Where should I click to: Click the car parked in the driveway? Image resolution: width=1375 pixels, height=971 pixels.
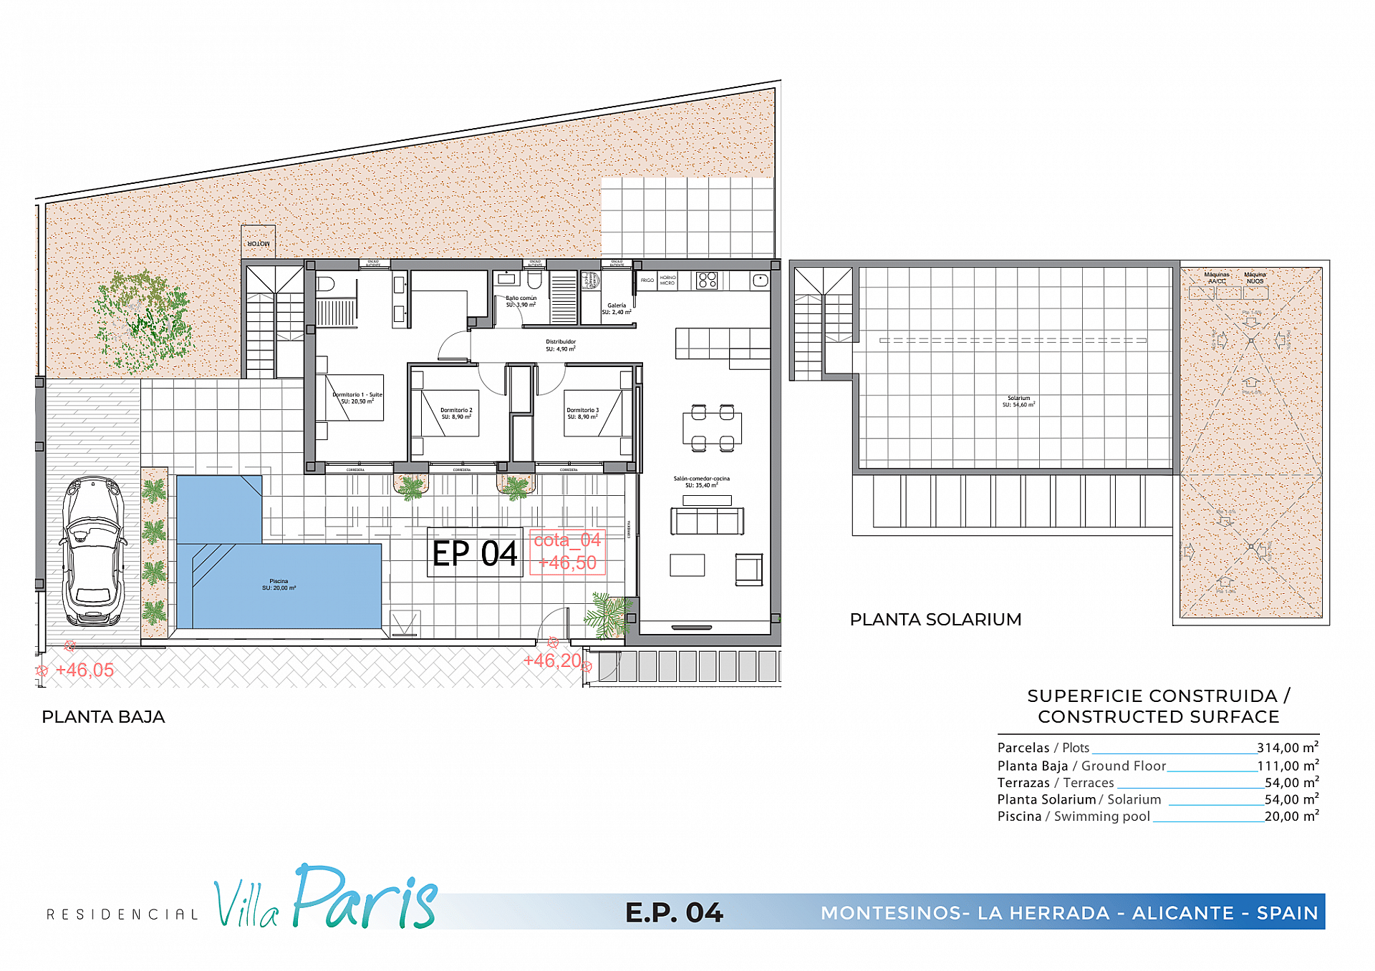(93, 551)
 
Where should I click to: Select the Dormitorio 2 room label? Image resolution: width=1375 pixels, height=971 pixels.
(456, 414)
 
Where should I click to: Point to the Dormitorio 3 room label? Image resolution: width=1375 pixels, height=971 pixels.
(582, 414)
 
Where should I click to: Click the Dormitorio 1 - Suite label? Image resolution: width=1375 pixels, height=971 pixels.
(357, 398)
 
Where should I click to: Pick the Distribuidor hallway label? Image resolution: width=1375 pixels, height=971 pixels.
(561, 345)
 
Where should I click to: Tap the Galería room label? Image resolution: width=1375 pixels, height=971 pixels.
(617, 308)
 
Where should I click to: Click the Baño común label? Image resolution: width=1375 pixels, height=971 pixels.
(521, 301)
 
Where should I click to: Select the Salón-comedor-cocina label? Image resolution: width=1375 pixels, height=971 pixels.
(701, 482)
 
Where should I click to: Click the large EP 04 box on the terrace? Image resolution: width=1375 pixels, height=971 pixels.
(475, 553)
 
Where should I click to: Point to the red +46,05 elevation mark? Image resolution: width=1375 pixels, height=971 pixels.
(85, 670)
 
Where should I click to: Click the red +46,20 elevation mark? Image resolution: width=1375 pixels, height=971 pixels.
(552, 660)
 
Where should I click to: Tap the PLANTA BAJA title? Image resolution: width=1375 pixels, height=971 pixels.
(103, 717)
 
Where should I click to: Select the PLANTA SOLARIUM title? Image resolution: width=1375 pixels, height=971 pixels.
(935, 620)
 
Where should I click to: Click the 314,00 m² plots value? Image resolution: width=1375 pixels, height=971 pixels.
(1288, 748)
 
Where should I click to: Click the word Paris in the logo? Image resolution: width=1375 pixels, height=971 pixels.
(365, 898)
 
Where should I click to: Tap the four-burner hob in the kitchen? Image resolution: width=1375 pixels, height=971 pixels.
(707, 280)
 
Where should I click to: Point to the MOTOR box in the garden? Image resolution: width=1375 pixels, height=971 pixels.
(259, 243)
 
